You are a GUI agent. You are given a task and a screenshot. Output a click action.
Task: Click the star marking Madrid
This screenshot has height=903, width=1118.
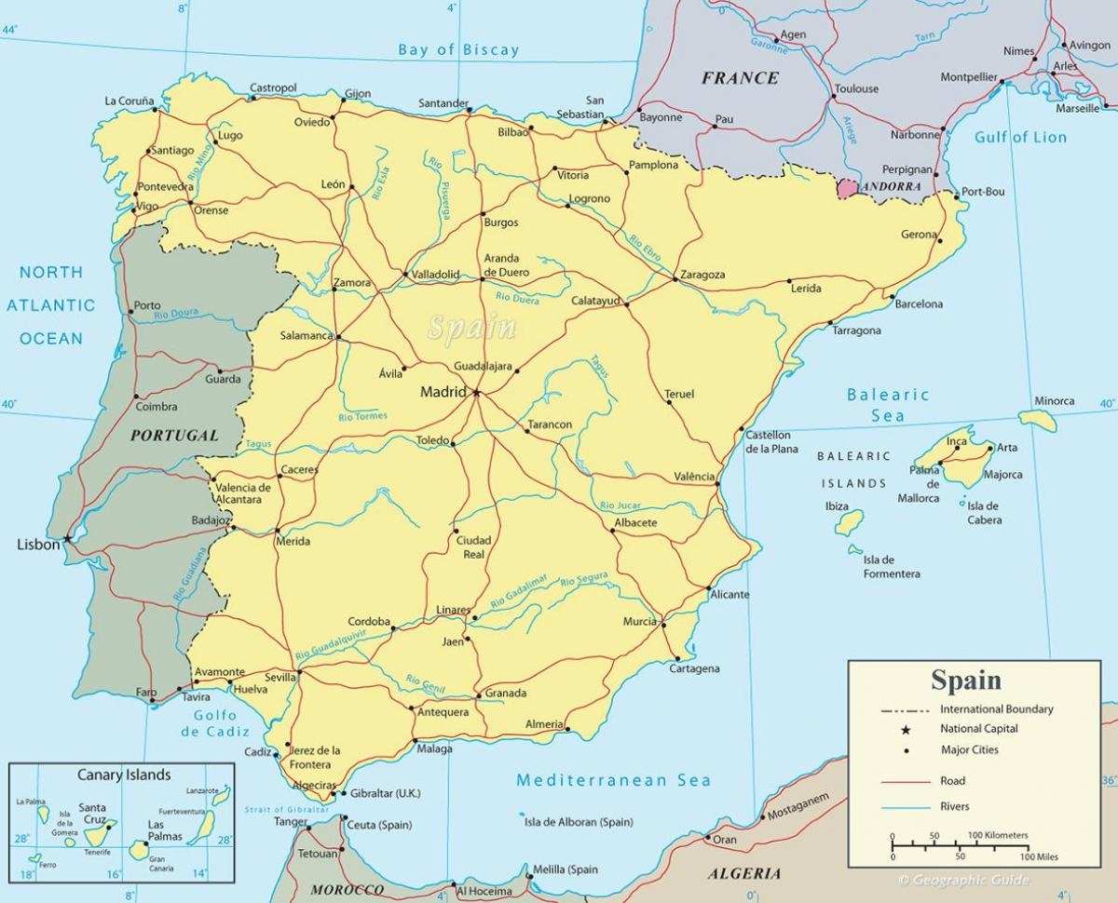[x=477, y=393]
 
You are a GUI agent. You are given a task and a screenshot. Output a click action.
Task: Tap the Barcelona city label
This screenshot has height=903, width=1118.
[x=919, y=303]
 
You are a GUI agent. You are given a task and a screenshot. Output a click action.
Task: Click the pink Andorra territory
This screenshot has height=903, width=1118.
[x=848, y=188]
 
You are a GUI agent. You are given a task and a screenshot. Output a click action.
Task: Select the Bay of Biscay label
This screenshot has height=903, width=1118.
[x=458, y=50]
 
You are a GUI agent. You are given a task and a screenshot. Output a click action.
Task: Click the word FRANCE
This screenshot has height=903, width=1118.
[x=740, y=78]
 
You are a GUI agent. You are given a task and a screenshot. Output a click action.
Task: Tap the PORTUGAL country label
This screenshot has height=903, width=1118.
[x=174, y=435]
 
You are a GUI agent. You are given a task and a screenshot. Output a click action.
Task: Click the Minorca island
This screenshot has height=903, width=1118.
[x=1039, y=420]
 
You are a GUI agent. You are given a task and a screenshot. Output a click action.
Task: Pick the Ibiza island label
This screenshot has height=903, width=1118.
[x=837, y=506]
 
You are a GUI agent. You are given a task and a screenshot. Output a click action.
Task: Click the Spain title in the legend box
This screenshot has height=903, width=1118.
[x=966, y=681]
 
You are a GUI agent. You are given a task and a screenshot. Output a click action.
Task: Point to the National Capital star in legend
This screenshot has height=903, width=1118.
[x=906, y=730]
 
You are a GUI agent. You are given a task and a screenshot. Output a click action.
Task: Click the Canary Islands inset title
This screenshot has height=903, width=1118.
[x=124, y=775]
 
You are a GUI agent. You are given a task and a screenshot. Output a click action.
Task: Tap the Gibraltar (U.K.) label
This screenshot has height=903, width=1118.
[x=385, y=793]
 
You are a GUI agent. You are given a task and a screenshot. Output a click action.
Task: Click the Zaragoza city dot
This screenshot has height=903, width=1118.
[x=675, y=278]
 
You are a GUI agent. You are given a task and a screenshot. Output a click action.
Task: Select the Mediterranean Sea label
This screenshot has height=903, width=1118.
[x=613, y=780]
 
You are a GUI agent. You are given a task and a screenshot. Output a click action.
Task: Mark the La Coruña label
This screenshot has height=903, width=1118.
[x=129, y=101]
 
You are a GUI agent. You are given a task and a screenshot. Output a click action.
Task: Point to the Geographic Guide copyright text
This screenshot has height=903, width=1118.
[x=963, y=880]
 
